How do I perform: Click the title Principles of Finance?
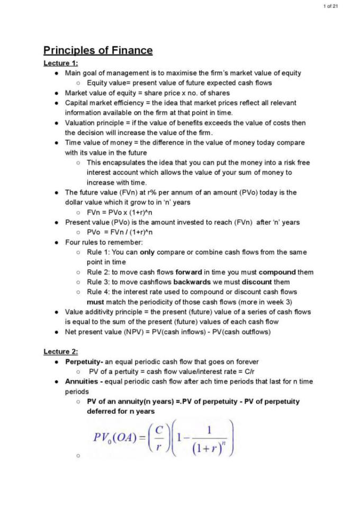98,51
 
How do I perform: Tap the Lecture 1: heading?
60,63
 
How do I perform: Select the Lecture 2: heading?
60,352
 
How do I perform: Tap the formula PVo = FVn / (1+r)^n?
120,232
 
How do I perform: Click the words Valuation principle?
93,123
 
